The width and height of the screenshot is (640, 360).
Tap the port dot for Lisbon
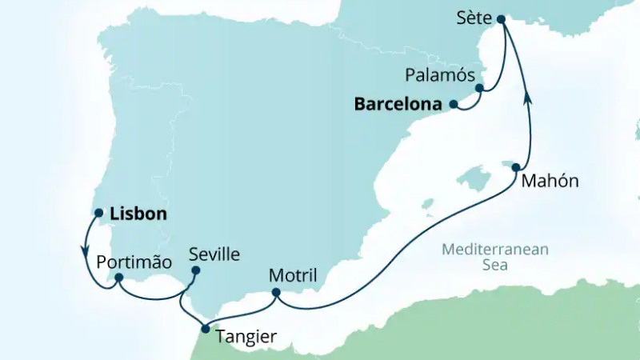coord(99,214)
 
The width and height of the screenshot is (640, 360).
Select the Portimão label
coord(134,262)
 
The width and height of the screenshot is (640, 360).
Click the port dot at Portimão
coord(118,278)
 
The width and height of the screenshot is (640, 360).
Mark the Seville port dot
coord(196,270)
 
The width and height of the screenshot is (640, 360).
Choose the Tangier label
coord(246,338)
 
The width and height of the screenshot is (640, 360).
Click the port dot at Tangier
coord(206,329)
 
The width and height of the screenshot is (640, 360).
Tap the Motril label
coord(293,276)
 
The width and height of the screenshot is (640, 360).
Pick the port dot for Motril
coord(275,294)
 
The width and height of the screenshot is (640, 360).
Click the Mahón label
coord(549,181)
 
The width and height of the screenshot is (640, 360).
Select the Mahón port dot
coord(517,168)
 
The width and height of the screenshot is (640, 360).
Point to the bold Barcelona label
coord(398,104)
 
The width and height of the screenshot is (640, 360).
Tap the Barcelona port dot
coord(453,104)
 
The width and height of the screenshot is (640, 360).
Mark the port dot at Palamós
coord(479,88)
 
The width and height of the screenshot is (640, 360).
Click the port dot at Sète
coord(501,19)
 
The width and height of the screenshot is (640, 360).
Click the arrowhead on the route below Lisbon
coord(86,249)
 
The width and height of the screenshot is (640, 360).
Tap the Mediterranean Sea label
coord(495,257)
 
